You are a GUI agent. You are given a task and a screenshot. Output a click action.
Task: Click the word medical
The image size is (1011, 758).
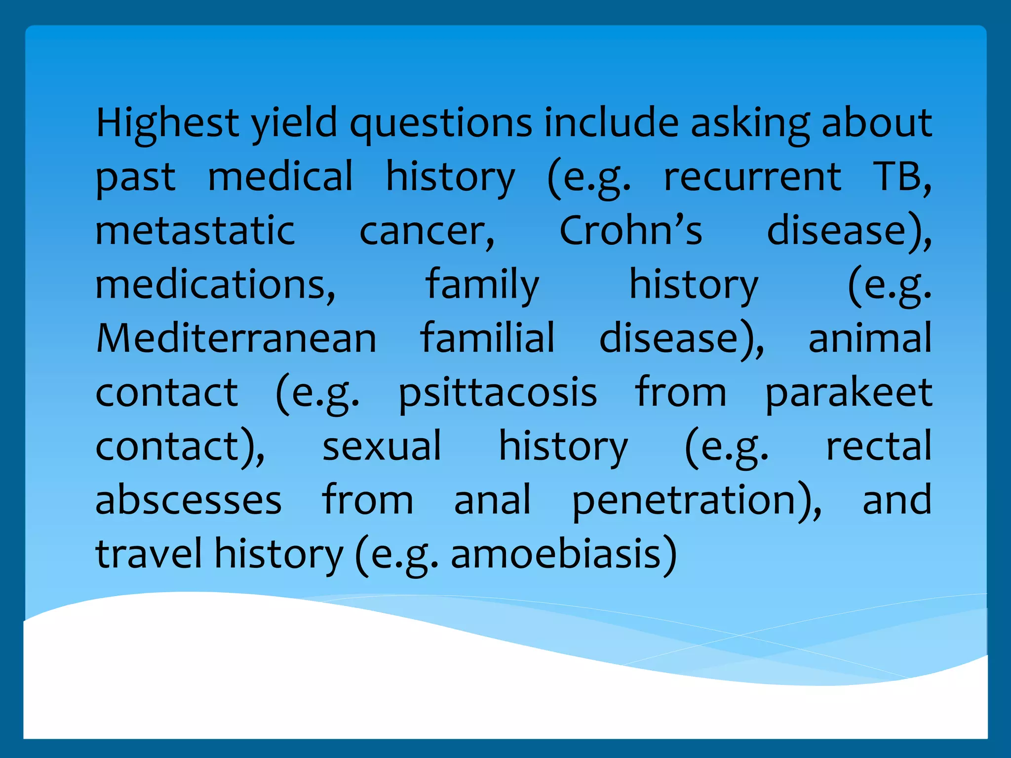point(280,177)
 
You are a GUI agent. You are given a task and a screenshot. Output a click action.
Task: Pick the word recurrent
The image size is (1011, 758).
point(752,177)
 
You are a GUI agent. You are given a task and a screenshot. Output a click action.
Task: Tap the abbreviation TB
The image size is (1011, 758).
point(899,177)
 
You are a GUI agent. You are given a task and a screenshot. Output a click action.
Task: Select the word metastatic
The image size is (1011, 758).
point(195,230)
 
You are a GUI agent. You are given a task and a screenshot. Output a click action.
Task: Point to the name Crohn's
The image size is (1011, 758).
point(630,230)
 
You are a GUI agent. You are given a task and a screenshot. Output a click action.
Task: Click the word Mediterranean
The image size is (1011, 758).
point(236,339)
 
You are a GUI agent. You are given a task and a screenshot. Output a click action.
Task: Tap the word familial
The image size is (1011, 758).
point(487,339)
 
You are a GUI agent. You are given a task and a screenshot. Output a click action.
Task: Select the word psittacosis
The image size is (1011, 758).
point(498,393)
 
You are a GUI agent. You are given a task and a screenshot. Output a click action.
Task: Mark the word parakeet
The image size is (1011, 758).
point(848,393)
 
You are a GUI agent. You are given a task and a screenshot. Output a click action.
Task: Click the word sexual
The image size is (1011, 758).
point(382,447)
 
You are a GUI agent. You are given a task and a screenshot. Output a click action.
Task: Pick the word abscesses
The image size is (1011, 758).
point(188,500)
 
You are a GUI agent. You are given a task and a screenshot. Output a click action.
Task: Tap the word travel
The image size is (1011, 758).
point(149,554)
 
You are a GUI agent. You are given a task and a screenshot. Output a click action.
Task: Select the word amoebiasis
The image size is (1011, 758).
point(556,554)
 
